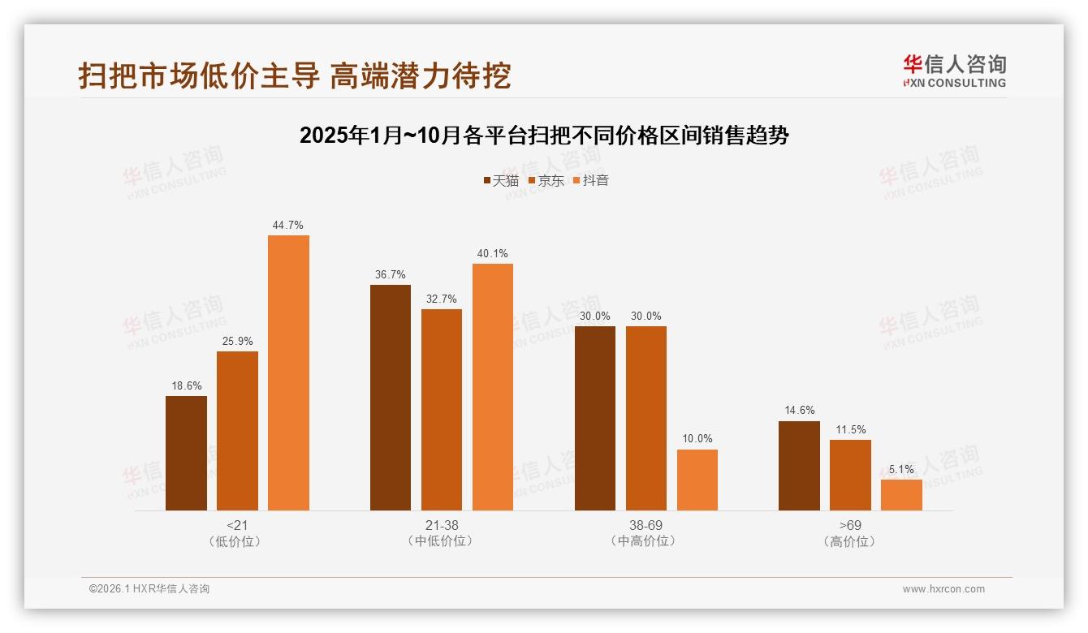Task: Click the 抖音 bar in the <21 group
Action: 288,372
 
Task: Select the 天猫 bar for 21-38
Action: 391,398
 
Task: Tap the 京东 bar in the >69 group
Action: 850,475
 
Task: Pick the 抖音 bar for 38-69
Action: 697,480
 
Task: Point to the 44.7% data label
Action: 288,225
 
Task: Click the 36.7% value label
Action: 391,274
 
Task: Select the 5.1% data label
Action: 901,469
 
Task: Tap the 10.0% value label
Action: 697,439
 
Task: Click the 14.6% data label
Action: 799,411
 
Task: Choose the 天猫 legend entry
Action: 501,180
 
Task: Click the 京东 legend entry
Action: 546,180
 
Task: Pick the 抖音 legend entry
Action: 591,180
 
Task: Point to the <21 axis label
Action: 237,525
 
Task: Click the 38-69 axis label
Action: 645,525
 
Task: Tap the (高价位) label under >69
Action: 850,541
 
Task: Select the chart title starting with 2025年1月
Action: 544,135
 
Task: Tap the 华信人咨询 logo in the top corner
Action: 954,71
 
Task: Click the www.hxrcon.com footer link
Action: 943,589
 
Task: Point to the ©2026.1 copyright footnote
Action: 149,589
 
